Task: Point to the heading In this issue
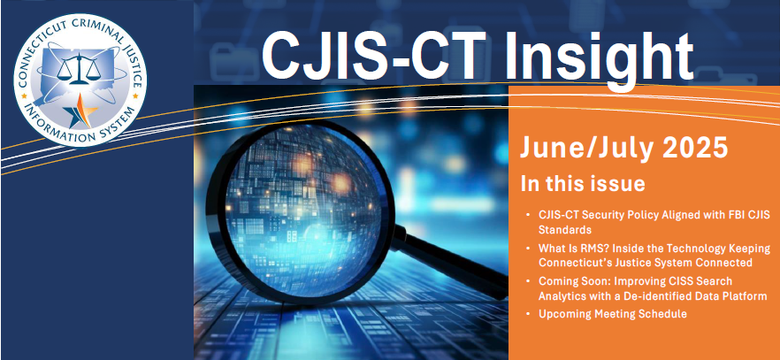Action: pos(583,183)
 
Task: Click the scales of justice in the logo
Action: pos(78,69)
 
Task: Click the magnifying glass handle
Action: pos(449,267)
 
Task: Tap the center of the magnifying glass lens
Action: pos(301,211)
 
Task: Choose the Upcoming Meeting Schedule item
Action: pos(612,314)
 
